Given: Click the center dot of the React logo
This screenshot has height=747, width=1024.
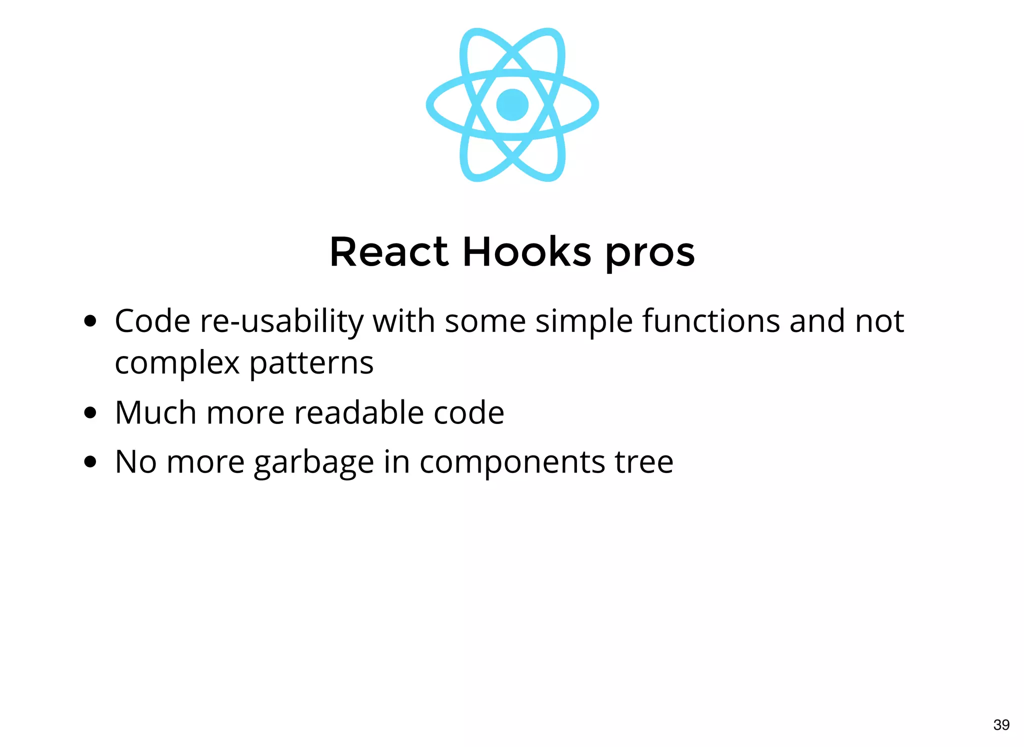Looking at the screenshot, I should pos(512,105).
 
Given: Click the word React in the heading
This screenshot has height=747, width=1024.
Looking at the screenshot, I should pos(389,252).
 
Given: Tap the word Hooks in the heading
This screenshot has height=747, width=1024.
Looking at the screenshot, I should pos(527,252).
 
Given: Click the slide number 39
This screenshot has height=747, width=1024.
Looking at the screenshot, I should pos(1001,724).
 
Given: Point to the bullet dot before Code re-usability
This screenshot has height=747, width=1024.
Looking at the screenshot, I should pos(90,320).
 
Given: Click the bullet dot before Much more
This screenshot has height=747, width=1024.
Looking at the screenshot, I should pos(90,413).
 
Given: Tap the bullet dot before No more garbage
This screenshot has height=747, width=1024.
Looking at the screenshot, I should pos(90,461).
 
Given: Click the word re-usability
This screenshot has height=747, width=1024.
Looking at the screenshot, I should pos(282,321).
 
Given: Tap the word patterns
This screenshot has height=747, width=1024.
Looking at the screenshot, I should pos(311,363).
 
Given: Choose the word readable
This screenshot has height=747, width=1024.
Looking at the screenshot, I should pos(359,413).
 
